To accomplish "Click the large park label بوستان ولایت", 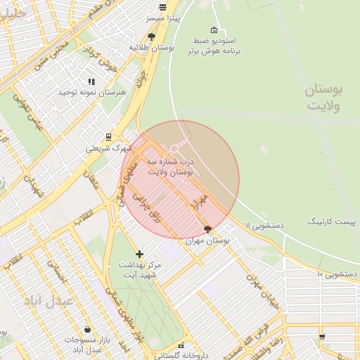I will (323, 98).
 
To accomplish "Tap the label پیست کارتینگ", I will (331, 221).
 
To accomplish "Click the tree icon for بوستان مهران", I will (207, 229).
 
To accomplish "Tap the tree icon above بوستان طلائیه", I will (152, 37).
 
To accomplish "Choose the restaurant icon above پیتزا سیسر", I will (163, 7).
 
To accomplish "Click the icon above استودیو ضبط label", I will (214, 30).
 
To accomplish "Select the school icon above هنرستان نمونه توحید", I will (91, 82).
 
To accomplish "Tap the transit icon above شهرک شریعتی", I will (108, 137).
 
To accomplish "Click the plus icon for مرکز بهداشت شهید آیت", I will (139, 254).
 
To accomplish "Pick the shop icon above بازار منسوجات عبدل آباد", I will (86, 329).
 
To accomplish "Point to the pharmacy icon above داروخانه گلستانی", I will (181, 345).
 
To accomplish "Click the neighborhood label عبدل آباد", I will (49, 300).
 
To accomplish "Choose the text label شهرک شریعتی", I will (108, 148).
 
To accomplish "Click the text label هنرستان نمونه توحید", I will (91, 93).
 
